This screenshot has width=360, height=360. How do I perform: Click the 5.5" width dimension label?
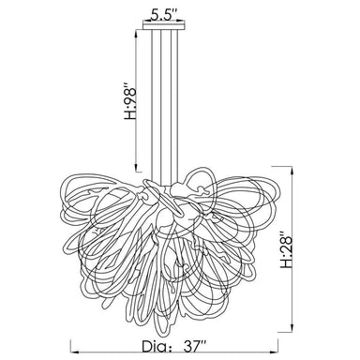(x=164, y=15)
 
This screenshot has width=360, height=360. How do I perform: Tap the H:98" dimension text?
(x=130, y=101)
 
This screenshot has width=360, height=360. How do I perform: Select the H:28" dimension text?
(x=286, y=250)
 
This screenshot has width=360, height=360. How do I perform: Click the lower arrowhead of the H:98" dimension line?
(x=137, y=168)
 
